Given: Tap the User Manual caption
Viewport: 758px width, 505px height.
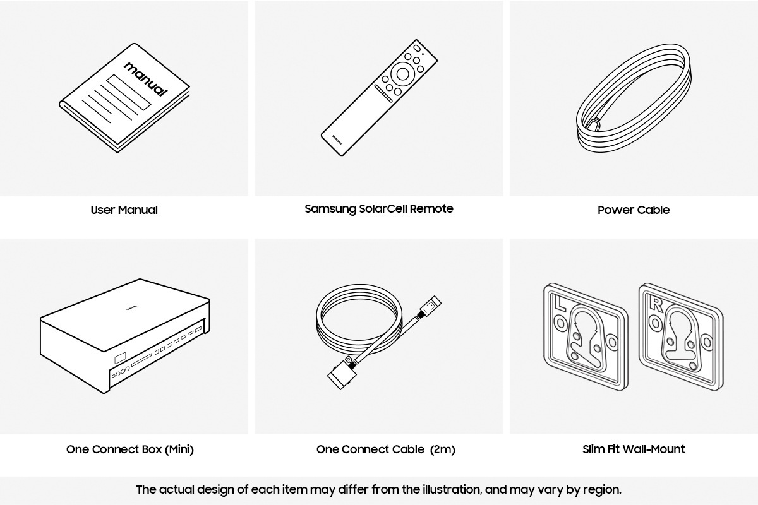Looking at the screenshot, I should (124, 210).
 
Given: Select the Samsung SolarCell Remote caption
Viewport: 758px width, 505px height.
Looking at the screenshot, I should (379, 208).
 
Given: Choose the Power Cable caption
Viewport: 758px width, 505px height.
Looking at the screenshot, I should (634, 210).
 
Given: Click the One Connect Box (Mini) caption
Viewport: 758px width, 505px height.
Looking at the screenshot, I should (130, 449).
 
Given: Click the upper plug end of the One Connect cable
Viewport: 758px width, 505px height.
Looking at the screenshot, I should (432, 306).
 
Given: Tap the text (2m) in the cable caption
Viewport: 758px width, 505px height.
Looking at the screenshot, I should (442, 449).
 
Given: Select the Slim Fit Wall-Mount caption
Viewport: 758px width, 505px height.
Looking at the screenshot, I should (634, 449).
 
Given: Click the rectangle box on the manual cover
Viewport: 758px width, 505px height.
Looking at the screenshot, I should (129, 92).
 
